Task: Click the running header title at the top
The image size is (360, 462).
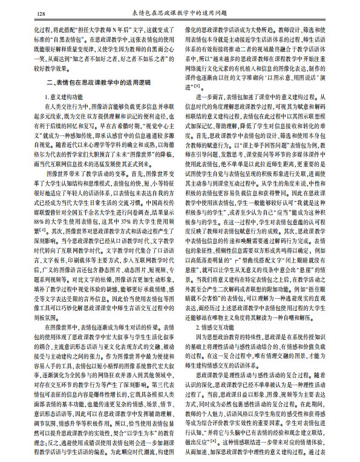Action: [x=180, y=13]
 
